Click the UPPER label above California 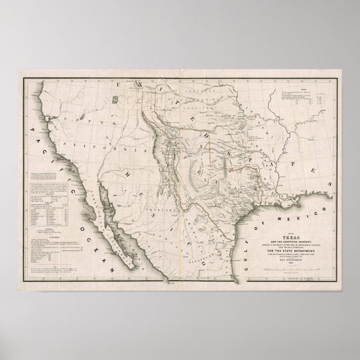75,120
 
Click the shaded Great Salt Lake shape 115,100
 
